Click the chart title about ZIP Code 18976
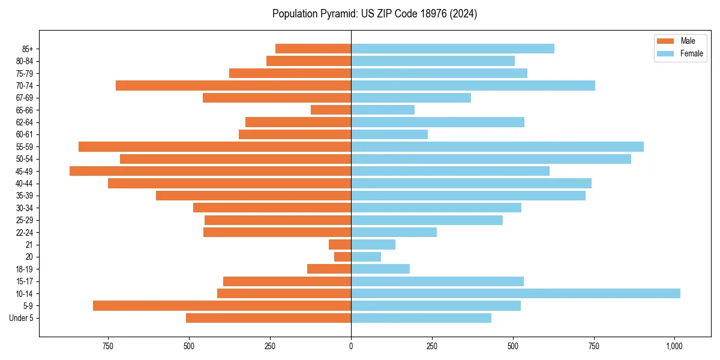click(374, 14)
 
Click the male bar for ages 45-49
click(210, 171)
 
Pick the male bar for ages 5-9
click(222, 305)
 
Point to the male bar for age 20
click(343, 257)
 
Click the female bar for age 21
click(373, 244)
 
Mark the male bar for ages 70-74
click(233, 85)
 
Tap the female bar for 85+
click(452, 49)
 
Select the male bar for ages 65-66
click(331, 110)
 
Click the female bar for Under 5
click(421, 318)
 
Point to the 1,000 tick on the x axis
click(674, 346)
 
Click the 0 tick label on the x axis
click(351, 346)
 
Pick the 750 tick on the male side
click(108, 346)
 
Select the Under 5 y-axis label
click(22, 318)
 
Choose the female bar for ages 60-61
click(389, 134)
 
